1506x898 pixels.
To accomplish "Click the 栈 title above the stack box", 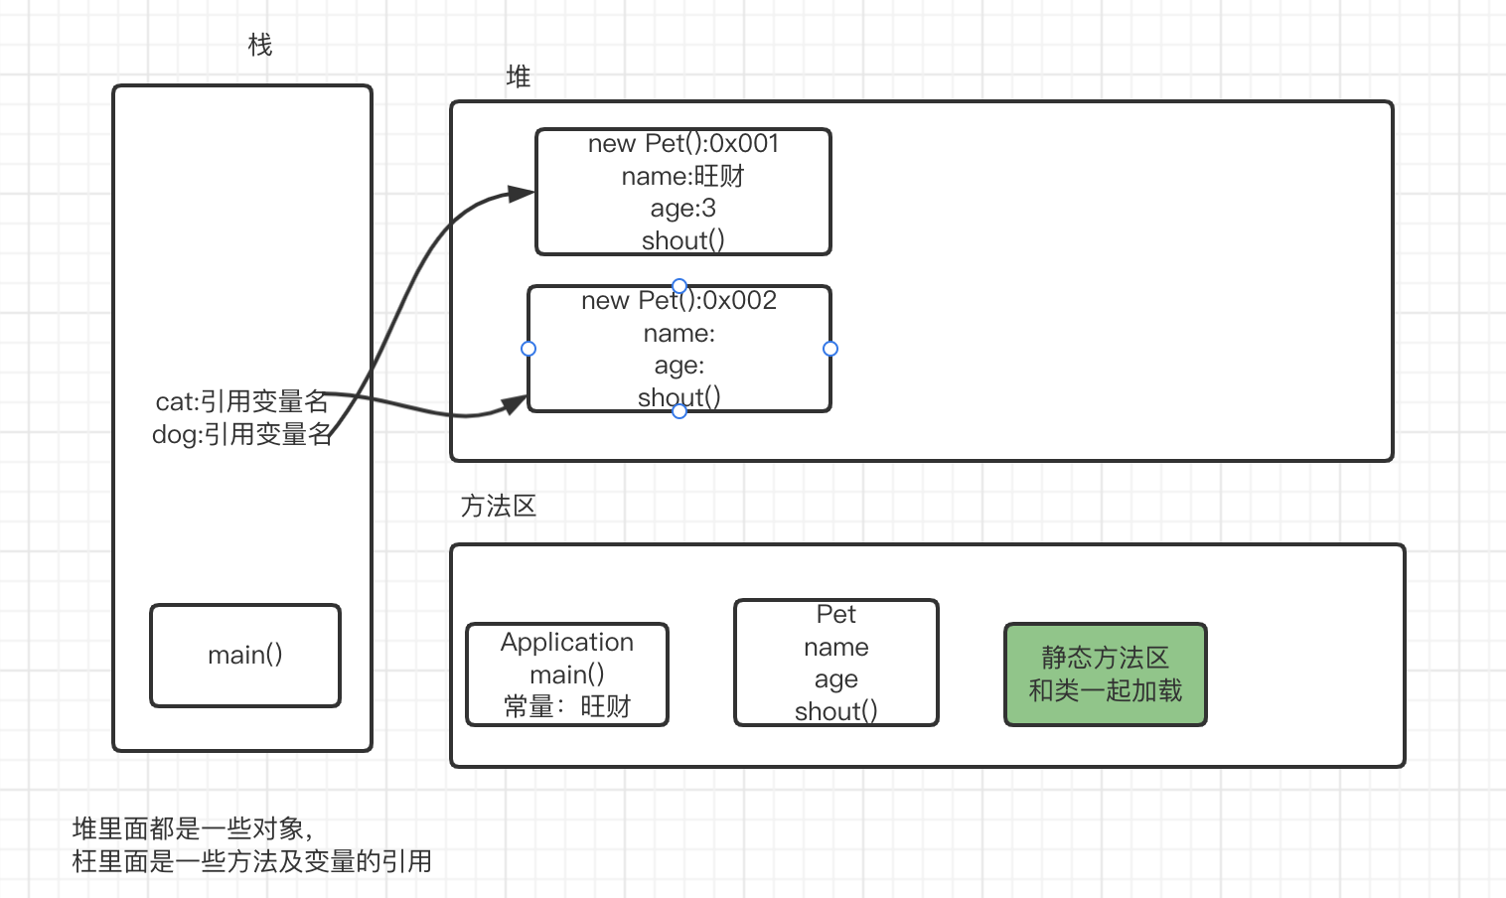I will (259, 45).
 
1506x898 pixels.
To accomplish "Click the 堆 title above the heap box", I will (518, 76).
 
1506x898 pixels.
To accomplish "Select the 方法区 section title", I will (498, 506).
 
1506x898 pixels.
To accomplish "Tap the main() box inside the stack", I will (245, 655).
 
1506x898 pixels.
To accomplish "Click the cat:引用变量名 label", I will (241, 401).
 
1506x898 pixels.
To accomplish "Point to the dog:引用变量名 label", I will (241, 434).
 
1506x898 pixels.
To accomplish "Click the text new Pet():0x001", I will (683, 144).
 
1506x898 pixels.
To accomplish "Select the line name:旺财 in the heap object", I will (683, 176).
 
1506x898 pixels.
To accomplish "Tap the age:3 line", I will (683, 208).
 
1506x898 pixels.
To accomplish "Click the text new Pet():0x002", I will (679, 301).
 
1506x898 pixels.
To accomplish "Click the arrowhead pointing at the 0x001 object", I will (521, 194).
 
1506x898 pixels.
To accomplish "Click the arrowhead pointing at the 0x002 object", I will (515, 404).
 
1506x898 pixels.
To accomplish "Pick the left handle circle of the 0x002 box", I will (528, 349).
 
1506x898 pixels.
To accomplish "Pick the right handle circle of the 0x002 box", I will (830, 349).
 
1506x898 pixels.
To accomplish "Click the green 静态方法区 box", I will (1105, 674).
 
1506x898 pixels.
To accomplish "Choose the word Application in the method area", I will (567, 643).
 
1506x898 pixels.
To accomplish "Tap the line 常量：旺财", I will (567, 706).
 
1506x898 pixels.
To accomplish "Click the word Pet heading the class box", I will (836, 615).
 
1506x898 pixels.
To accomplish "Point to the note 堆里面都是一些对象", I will (193, 828).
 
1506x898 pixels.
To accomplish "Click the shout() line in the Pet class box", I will (836, 711).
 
